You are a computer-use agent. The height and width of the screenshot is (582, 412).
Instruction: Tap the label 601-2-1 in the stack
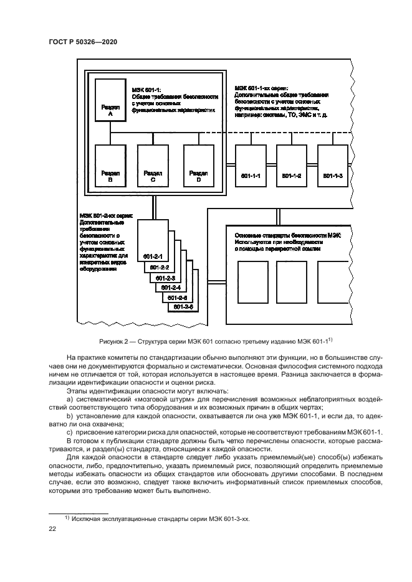(x=153, y=256)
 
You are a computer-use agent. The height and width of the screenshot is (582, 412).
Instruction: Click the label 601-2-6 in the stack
(x=184, y=307)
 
